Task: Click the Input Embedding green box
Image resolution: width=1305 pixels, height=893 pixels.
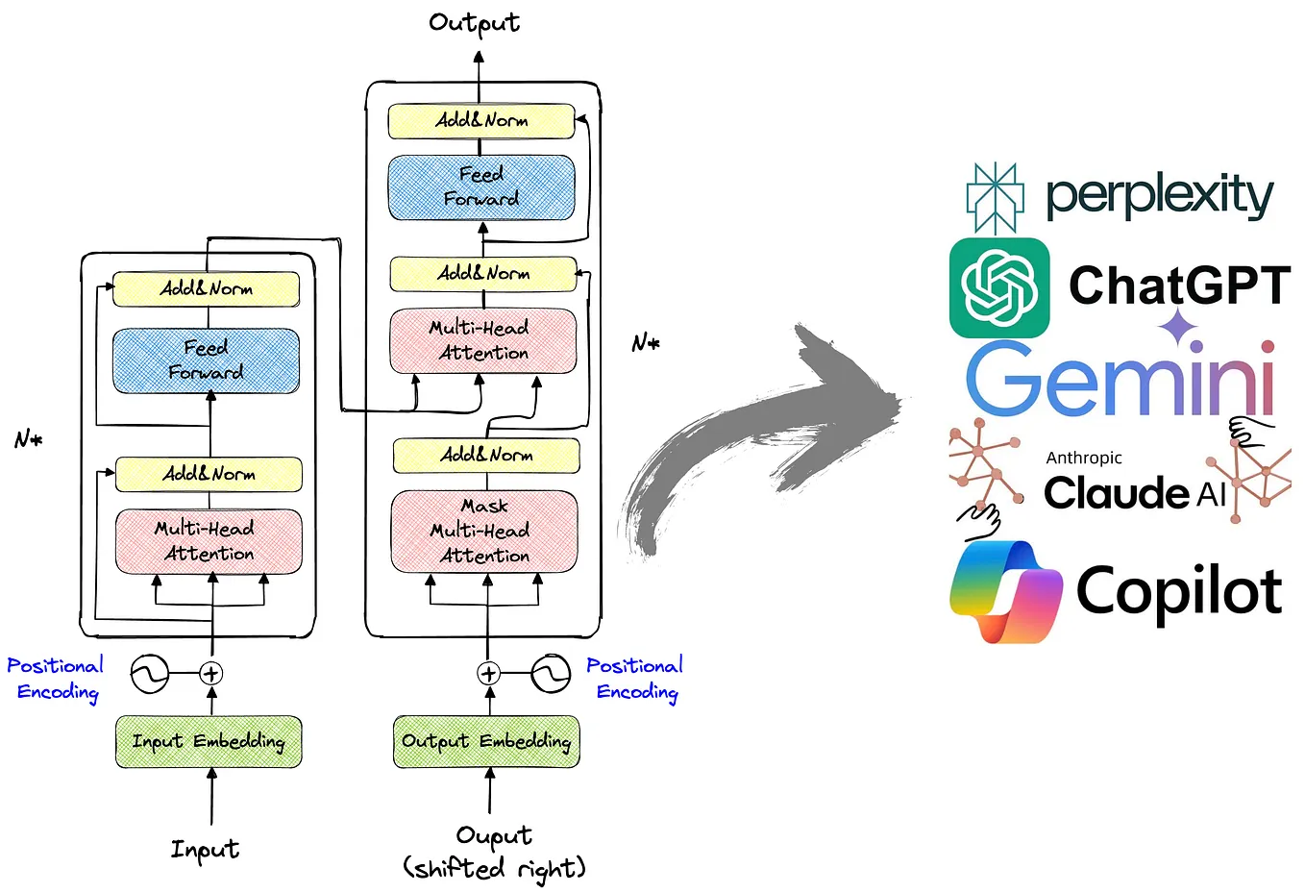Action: (x=209, y=741)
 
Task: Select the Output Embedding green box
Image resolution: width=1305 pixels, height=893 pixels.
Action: (x=486, y=741)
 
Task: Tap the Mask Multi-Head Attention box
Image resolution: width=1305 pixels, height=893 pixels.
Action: (x=484, y=531)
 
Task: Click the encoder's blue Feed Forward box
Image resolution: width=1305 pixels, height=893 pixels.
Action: (x=206, y=360)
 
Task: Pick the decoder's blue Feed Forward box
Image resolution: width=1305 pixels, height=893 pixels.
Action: (x=480, y=186)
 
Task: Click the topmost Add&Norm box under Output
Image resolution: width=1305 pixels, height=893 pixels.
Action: (x=480, y=121)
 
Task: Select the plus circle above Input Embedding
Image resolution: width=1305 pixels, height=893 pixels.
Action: (x=211, y=674)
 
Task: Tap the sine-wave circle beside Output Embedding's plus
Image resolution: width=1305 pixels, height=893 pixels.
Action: (x=551, y=674)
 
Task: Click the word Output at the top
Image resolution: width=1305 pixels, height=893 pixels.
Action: (x=474, y=23)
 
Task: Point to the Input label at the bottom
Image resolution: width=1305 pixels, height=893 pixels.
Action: (x=205, y=850)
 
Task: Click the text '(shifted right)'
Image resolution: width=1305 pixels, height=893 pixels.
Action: (x=494, y=869)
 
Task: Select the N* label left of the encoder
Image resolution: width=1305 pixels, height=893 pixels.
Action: (x=28, y=440)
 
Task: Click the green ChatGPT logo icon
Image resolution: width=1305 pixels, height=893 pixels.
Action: (x=999, y=288)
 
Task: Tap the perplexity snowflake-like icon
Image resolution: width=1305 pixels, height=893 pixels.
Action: (x=994, y=198)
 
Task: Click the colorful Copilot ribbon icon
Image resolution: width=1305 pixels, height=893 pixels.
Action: (x=1005, y=590)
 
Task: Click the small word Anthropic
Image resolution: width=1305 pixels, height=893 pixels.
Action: (x=1084, y=459)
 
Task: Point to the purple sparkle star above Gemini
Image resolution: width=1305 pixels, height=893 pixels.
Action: (x=1177, y=328)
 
